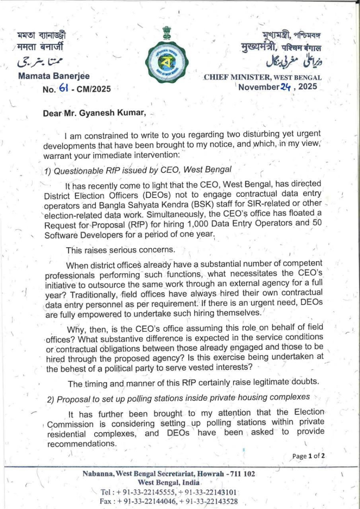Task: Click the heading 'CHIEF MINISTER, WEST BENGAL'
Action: tap(263, 78)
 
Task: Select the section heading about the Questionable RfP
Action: tap(138, 170)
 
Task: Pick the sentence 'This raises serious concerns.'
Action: tap(114, 250)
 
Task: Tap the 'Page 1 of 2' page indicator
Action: tap(309, 456)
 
